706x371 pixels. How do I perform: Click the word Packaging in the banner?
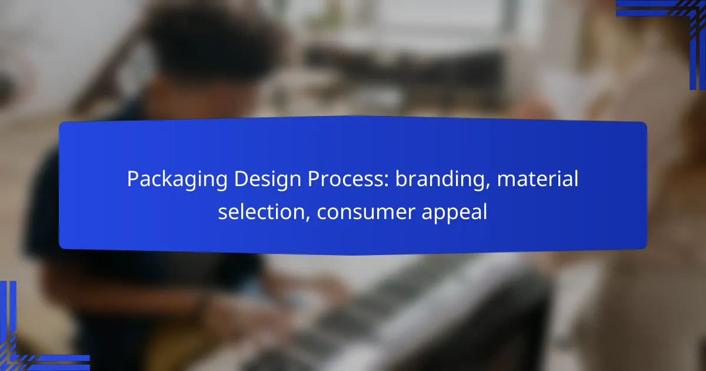point(177,180)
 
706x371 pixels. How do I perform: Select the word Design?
point(268,180)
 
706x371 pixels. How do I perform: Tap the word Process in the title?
point(346,179)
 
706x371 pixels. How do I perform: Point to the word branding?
point(440,180)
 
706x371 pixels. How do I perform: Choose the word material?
point(538,178)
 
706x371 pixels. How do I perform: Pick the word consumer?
point(365,213)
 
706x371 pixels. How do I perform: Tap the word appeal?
point(454,213)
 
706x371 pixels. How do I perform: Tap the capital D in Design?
point(241,179)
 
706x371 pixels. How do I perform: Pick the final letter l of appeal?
point(485,211)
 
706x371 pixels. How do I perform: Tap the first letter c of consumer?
point(323,213)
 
